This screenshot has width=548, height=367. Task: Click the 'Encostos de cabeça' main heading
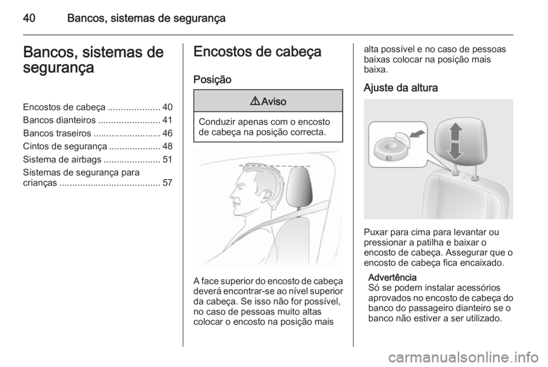257,51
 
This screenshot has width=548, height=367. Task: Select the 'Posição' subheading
212,79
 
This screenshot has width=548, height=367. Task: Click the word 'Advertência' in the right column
388,276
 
